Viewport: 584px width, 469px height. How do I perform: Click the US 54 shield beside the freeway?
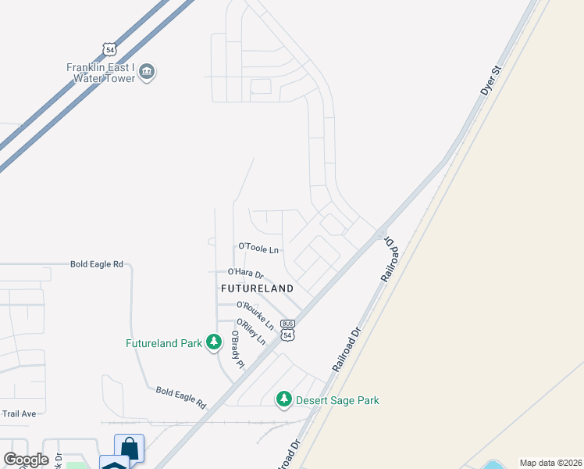click(x=109, y=48)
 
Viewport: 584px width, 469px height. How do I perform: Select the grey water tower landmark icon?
click(x=147, y=73)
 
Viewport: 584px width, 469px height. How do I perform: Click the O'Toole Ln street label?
click(x=258, y=248)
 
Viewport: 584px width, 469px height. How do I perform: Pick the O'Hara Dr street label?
click(x=246, y=273)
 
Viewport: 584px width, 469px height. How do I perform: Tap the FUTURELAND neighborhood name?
click(x=257, y=288)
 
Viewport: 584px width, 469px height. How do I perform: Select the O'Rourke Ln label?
click(x=255, y=314)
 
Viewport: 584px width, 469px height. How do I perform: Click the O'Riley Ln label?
click(x=251, y=333)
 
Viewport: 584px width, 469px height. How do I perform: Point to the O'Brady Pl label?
click(x=237, y=349)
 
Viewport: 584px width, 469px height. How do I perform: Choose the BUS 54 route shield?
click(x=288, y=329)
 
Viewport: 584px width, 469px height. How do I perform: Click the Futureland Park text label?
click(x=164, y=342)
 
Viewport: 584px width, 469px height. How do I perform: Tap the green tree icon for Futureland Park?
click(x=213, y=342)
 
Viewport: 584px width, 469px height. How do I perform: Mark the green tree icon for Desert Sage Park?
click(x=284, y=399)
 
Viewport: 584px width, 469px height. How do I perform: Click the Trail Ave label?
click(x=19, y=413)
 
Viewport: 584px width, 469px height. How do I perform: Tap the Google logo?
click(x=26, y=460)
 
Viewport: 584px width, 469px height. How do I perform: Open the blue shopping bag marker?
click(x=129, y=449)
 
